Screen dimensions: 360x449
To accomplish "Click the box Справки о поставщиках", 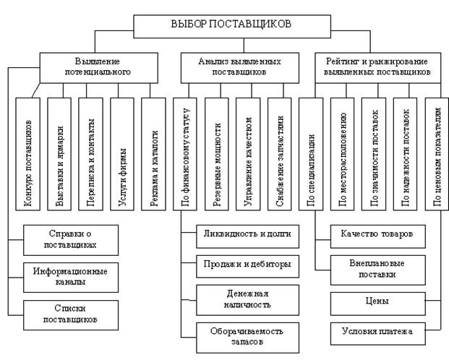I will (70, 239).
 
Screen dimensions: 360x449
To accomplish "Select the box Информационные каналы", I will (70, 276).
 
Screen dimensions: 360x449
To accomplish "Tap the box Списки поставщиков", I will (70, 313).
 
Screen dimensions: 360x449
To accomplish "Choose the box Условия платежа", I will (377, 332).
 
